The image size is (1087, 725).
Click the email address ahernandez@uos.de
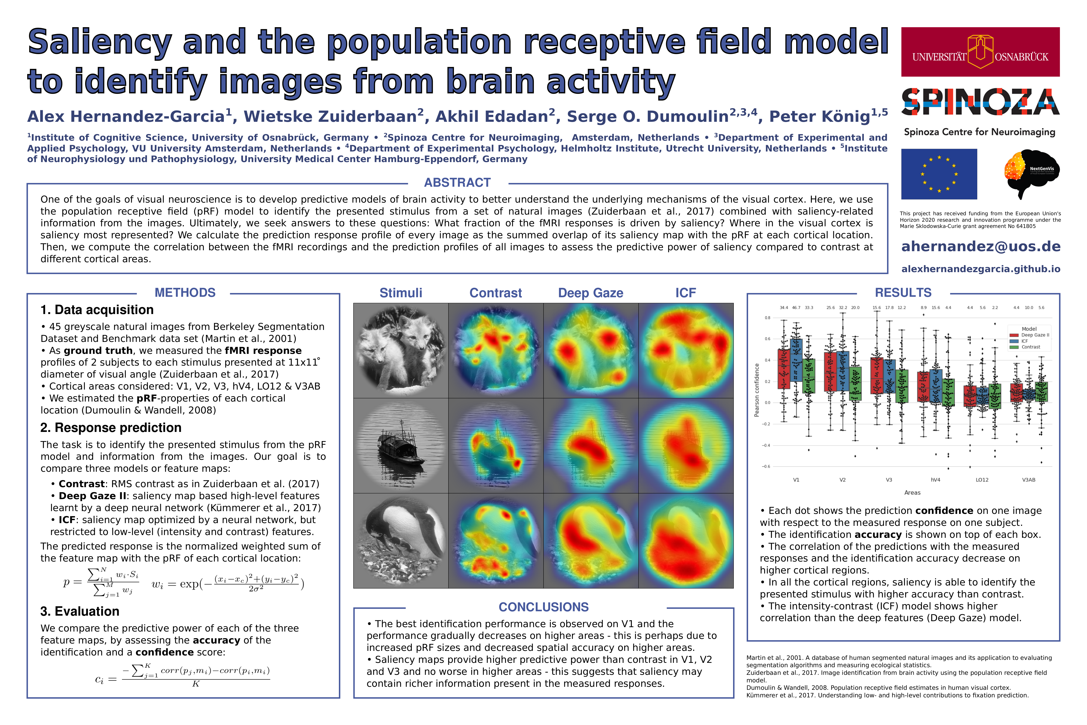pos(980,246)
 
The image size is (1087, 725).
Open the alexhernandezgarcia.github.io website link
pos(980,269)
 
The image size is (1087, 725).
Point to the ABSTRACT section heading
pos(457,183)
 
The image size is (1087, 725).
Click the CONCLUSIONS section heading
pos(543,607)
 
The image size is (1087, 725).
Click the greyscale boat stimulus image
pos(401,446)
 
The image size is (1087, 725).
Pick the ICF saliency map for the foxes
pos(686,350)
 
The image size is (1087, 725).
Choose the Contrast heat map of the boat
pos(495,446)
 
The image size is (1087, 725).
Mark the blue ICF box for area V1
pos(796,360)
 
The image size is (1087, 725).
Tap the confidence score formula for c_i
pos(182,676)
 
